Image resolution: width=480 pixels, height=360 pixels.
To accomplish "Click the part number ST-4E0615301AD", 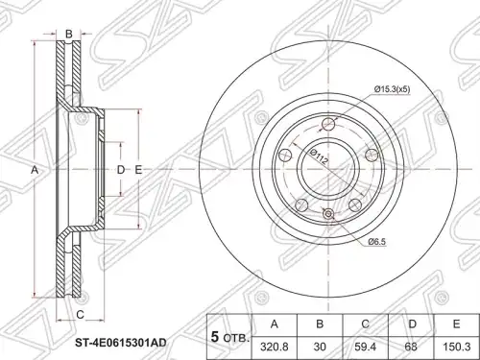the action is click(x=121, y=343).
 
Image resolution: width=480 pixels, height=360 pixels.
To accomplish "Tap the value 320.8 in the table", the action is click(x=275, y=347).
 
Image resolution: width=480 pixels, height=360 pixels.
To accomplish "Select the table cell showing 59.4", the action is click(x=365, y=347).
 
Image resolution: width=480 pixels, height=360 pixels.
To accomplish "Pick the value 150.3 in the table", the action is click(x=457, y=347).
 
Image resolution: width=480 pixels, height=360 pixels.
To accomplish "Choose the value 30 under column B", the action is click(x=320, y=347).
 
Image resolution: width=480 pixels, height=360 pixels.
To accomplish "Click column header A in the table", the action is click(x=275, y=324).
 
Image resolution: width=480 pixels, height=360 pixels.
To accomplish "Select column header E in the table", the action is click(x=456, y=324).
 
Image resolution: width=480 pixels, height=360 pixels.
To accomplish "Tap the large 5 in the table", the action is click(x=216, y=337).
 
